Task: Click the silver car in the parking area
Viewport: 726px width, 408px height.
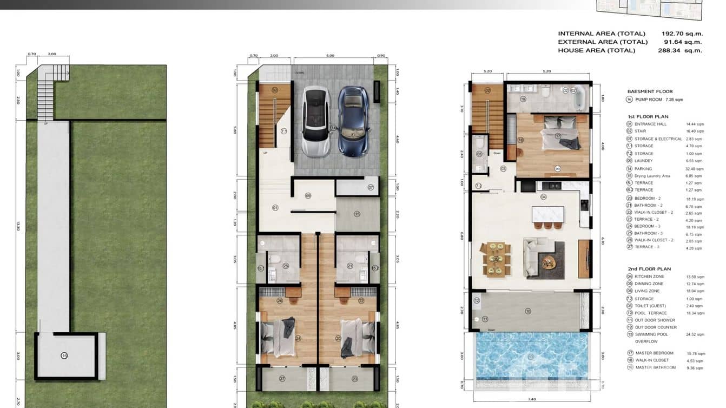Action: pos(316,122)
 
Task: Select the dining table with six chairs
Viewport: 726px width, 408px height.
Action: pos(496,259)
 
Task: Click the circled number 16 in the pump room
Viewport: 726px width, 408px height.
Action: pos(64,356)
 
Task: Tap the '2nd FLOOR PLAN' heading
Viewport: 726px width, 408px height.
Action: pos(649,269)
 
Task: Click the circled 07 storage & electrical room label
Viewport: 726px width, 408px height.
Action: pos(371,187)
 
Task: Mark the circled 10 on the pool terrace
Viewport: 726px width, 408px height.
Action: pos(528,311)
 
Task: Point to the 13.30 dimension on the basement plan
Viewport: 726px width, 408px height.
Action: pos(19,226)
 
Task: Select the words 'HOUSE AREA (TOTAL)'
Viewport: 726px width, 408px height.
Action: pos(597,50)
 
